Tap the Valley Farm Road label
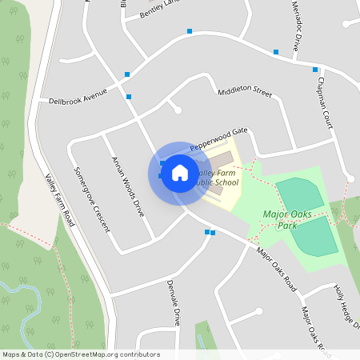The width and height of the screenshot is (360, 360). pos(60,200)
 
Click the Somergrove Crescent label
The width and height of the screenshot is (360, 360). pos(91,199)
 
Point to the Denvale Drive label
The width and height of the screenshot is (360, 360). pos(174,303)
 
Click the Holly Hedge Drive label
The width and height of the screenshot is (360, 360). pos(345,308)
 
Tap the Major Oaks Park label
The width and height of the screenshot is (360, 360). pos(286,218)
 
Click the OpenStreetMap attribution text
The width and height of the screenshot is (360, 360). pos(81,354)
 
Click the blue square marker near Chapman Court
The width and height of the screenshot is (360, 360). pos(315,70)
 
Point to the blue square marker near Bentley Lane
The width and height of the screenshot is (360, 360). pos(190,31)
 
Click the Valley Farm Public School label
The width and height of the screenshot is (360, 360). pos(218,178)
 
